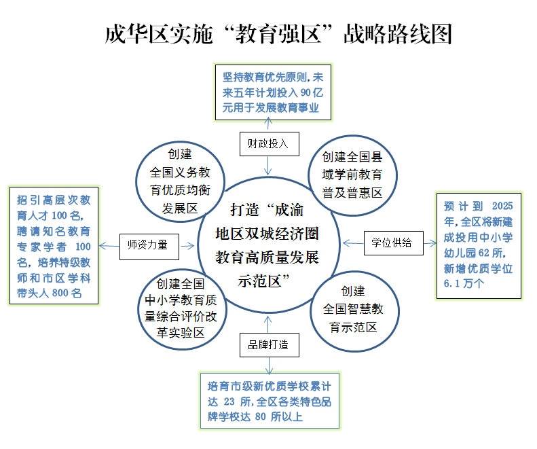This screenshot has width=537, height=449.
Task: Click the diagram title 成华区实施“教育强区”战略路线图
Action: (x=278, y=33)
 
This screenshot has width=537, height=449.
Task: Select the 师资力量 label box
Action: (x=148, y=245)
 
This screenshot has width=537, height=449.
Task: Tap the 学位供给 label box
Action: (x=391, y=242)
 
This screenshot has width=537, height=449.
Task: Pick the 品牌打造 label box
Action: (x=269, y=344)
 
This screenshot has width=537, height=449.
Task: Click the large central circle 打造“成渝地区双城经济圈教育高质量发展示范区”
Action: (x=267, y=244)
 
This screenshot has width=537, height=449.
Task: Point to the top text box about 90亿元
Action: (x=270, y=92)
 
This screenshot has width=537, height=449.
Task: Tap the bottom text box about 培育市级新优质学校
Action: (x=269, y=401)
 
